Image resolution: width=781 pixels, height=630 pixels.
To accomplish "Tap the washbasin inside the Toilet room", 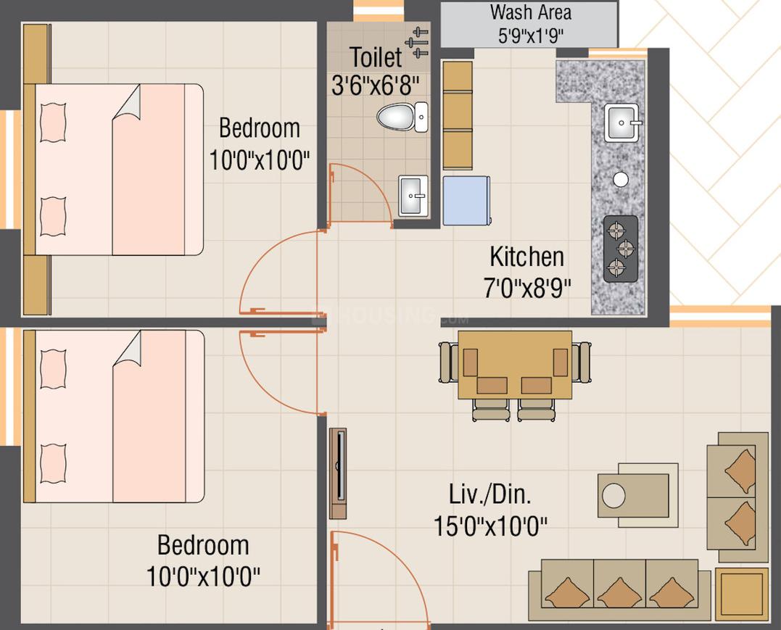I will [413, 195].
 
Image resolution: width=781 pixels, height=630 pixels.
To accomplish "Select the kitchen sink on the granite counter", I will [622, 122].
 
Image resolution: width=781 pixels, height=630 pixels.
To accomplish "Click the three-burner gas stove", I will [621, 249].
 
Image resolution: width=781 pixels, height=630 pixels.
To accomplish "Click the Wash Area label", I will [530, 13].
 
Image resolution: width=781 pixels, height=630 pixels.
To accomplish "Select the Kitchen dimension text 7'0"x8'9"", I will [527, 288].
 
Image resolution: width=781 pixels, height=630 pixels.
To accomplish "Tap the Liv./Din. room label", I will [489, 495].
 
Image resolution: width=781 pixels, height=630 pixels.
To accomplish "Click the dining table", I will [515, 364].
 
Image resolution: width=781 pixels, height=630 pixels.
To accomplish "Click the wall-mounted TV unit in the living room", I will [338, 473].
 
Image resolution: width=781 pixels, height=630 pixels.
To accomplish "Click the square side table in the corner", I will [742, 594].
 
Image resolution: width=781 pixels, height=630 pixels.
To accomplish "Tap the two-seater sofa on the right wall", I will [737, 497].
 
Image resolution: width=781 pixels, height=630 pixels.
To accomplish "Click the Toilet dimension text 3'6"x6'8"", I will [375, 86].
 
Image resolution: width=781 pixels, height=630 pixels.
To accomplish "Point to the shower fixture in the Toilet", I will [418, 42].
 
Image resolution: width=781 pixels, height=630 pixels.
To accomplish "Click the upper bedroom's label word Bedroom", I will [259, 128].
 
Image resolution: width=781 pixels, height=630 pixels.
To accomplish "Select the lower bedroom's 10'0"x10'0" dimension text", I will [203, 577].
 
